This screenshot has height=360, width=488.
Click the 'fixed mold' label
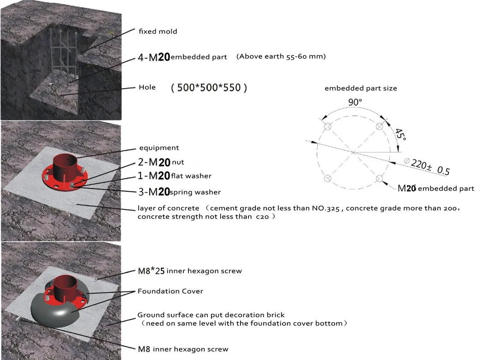click(x=158, y=31)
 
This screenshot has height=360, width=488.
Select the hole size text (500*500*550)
click(x=209, y=88)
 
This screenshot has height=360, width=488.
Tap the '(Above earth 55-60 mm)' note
click(x=281, y=57)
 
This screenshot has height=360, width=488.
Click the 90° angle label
click(x=354, y=103)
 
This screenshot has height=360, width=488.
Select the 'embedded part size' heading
click(x=361, y=88)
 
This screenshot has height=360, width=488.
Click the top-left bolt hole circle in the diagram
click(x=328, y=127)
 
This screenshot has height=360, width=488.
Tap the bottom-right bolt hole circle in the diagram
click(x=380, y=178)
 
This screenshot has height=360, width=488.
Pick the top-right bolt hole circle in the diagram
click(x=380, y=127)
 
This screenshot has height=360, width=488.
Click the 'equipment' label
click(x=159, y=148)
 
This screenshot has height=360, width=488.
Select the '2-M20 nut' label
click(x=161, y=162)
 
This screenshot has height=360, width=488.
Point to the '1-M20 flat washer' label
click(x=175, y=176)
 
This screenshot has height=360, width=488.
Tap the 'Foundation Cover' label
click(x=170, y=291)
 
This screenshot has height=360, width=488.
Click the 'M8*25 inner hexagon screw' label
click(x=189, y=271)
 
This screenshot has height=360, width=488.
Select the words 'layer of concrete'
click(x=168, y=208)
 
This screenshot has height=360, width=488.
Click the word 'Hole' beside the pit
click(x=147, y=87)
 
